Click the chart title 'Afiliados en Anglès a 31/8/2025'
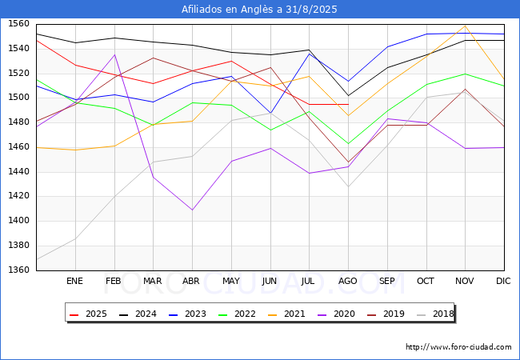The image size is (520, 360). pos(259,10)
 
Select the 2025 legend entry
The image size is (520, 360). pos(89,314)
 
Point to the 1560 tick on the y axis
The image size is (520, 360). pos(18,24)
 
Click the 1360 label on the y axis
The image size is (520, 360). pos(18,270)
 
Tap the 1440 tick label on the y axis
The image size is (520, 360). pos(18,171)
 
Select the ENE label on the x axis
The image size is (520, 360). pos(74,281)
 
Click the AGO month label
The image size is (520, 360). pos(348,281)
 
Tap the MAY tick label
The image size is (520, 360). pos(230,281)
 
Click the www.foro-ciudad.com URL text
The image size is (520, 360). pos(458,347)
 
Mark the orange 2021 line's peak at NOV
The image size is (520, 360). pos(465,26)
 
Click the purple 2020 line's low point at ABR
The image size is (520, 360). pos(192,210)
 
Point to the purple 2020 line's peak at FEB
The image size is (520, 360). pos(114,54)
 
